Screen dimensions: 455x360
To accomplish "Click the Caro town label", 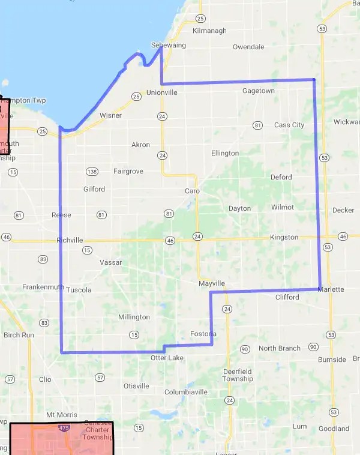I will (192, 191).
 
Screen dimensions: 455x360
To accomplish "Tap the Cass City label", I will (289, 125).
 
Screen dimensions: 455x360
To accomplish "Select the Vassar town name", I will (110, 262).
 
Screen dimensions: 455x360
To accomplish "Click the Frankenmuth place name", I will (43, 287).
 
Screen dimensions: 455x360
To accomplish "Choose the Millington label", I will (134, 317).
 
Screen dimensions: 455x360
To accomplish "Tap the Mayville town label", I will (212, 283).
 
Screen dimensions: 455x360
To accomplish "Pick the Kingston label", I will (284, 237).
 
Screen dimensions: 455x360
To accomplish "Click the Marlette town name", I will (330, 289).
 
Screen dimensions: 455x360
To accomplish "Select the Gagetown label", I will (259, 91).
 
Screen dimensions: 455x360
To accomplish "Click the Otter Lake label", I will (167, 358).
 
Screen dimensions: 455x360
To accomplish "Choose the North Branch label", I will (280, 348).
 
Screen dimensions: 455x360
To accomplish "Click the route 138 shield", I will (92, 172).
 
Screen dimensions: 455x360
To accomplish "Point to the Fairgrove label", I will (128, 171).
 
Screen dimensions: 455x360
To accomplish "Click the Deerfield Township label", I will (238, 375).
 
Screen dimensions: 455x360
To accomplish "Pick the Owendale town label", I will (248, 46).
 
